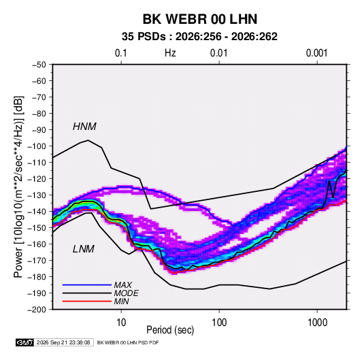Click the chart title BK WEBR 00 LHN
point(200,19)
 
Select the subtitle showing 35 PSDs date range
point(199,37)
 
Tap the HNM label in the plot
point(84,127)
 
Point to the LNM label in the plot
point(84,249)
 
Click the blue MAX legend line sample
point(87,284)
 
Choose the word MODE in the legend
point(127,293)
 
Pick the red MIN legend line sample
point(87,301)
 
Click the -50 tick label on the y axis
point(39,65)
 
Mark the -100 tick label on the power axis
point(37,146)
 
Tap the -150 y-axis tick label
point(37,228)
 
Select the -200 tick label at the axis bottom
point(37,310)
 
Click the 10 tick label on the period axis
point(121,323)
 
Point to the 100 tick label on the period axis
point(219,323)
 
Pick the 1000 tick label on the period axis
point(317,323)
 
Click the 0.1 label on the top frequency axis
point(121,53)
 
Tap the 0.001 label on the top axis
point(316,53)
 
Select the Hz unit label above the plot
point(170,53)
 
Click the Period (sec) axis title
point(170,330)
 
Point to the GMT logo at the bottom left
point(24,342)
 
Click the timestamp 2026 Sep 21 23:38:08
point(63,342)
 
